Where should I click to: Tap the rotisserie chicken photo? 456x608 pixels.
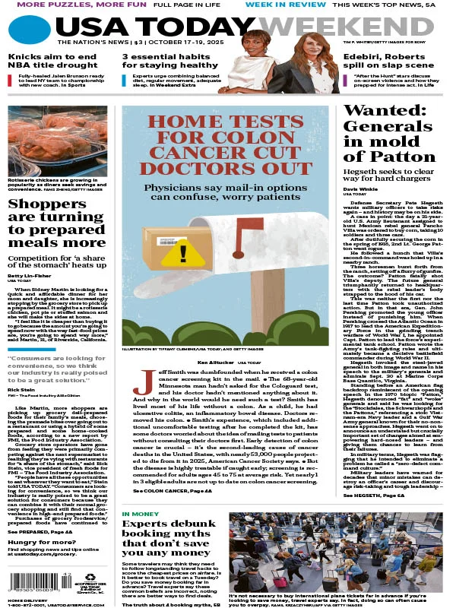coord(57,141)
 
